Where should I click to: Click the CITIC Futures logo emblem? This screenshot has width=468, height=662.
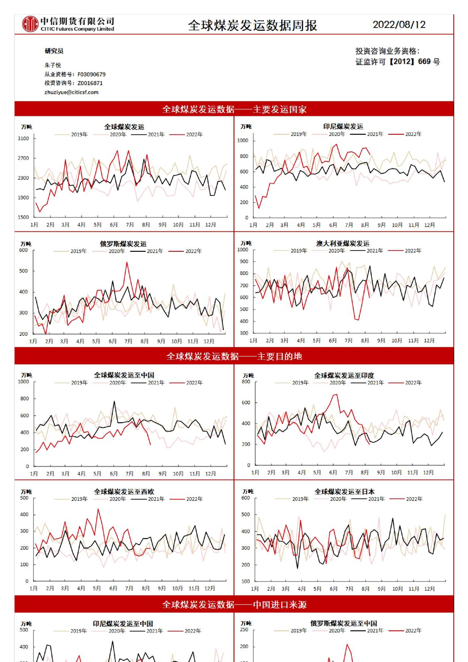coord(30,24)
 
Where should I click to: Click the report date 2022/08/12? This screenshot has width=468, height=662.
coord(399,25)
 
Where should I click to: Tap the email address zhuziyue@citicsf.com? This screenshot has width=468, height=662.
coord(71,92)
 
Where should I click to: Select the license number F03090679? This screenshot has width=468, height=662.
coord(91,74)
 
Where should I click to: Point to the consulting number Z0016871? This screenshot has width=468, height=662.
coord(90,83)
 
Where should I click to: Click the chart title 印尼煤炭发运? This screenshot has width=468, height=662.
coord(343,126)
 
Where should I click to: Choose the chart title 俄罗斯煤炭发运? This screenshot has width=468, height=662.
coord(123,244)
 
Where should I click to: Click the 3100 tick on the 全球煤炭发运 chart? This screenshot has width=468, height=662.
coord(23,139)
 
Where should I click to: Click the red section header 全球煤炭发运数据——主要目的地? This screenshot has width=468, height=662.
coord(234,356)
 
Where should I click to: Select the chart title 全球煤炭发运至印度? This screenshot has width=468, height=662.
coord(344,376)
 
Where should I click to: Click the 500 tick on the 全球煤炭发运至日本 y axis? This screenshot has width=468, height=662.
coord(245,515)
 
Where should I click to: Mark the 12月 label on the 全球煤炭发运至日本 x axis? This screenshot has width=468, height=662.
coord(429,589)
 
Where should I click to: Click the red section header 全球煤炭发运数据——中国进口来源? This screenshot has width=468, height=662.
coord(234,604)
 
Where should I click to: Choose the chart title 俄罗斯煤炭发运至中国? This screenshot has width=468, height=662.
coord(344,623)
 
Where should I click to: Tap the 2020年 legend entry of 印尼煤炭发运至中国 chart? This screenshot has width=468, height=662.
coord(117,631)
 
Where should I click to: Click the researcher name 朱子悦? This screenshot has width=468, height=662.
coord(53,65)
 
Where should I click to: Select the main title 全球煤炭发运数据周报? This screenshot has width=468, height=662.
coord(253,26)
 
